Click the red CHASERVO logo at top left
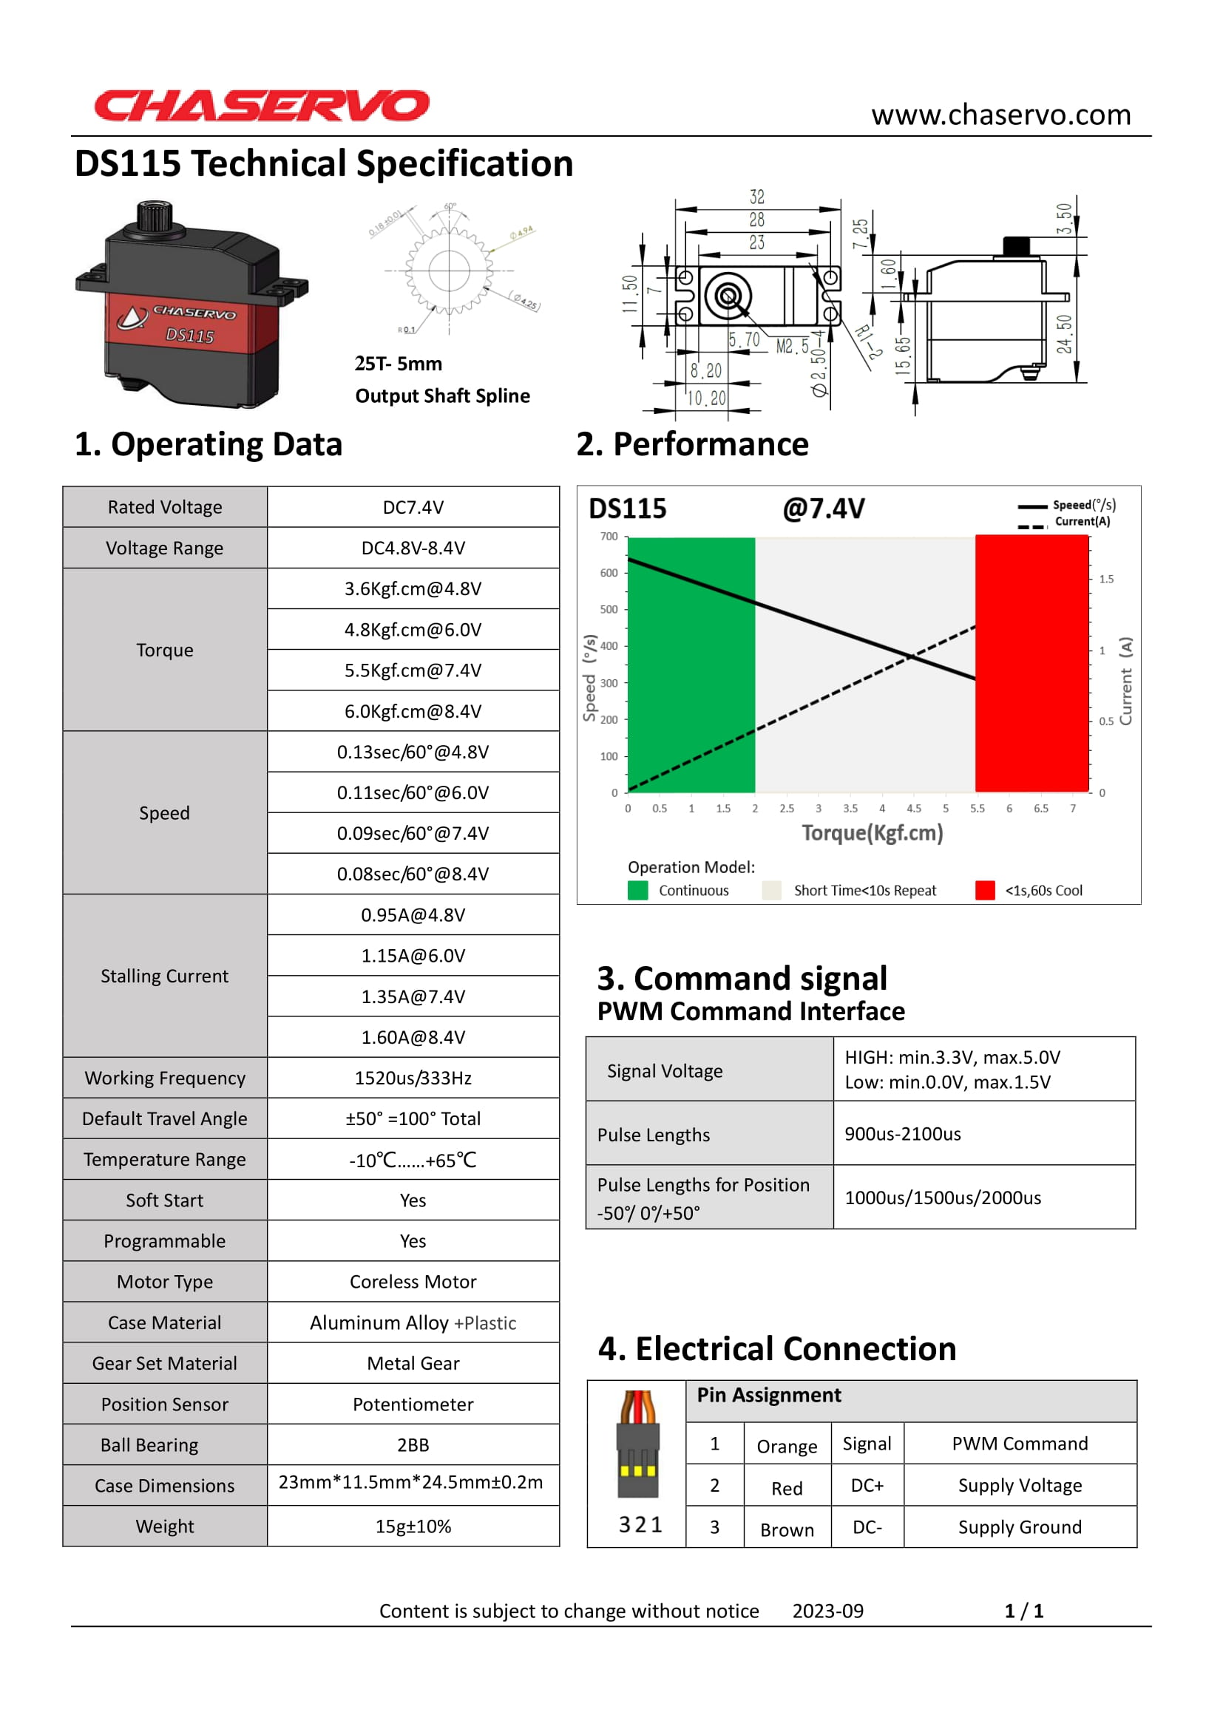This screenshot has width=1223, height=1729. pyautogui.click(x=261, y=106)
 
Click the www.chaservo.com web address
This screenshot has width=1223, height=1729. pyautogui.click(x=1001, y=115)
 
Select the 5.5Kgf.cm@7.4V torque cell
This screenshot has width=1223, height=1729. pyautogui.click(x=413, y=670)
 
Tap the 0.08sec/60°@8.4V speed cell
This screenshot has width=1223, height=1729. pyautogui.click(x=413, y=874)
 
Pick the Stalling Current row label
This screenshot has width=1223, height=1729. pyautogui.click(x=164, y=976)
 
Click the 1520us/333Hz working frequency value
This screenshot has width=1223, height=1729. pyautogui.click(x=413, y=1078)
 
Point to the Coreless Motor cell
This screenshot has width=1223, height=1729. pyautogui.click(x=413, y=1282)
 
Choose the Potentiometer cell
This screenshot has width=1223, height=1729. pyautogui.click(x=413, y=1404)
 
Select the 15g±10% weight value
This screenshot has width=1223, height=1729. pyautogui.click(x=413, y=1526)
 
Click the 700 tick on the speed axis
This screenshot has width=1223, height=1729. pyautogui.click(x=609, y=536)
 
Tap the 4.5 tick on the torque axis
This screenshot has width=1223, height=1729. pyautogui.click(x=913, y=809)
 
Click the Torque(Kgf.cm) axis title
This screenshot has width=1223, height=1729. pyautogui.click(x=872, y=833)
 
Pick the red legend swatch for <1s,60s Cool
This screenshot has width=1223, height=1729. pyautogui.click(x=984, y=890)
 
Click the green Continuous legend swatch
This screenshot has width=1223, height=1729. pyautogui.click(x=638, y=890)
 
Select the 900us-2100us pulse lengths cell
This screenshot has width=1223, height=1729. pyautogui.click(x=902, y=1134)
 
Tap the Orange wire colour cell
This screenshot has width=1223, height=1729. pyautogui.click(x=786, y=1447)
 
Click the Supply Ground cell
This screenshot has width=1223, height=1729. pyautogui.click(x=1020, y=1527)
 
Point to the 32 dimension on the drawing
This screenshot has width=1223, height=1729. pyautogui.click(x=757, y=197)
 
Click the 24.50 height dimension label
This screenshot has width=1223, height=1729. pyautogui.click(x=1064, y=333)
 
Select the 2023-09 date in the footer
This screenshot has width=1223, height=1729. pyautogui.click(x=827, y=1611)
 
